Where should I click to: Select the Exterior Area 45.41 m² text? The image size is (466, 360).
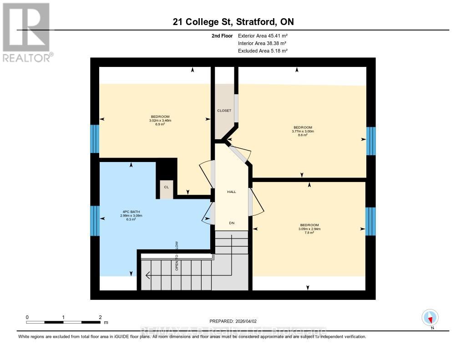coord(263,35)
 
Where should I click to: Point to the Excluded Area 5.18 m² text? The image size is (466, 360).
coord(263,51)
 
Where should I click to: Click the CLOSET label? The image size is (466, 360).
coord(224,111)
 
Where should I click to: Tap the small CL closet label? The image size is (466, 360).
coord(166,187)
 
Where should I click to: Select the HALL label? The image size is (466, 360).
coord(232,192)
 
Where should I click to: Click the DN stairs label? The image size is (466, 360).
coord(232,223)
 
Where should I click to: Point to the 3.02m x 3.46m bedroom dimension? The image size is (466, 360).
coord(160,120)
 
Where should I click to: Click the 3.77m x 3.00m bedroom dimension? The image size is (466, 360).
coord(303,131)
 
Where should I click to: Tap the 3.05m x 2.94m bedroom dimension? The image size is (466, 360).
coord(309,229)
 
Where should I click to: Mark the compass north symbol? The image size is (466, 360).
coord(430,318)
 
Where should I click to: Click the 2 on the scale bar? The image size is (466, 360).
coord(100,317)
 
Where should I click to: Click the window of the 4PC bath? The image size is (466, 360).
coord(95,221)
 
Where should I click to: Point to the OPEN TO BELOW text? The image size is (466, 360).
coord(177,256)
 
